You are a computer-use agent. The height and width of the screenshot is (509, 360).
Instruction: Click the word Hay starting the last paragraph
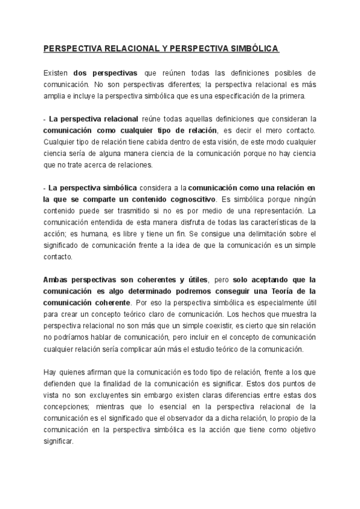coord(50,372)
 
